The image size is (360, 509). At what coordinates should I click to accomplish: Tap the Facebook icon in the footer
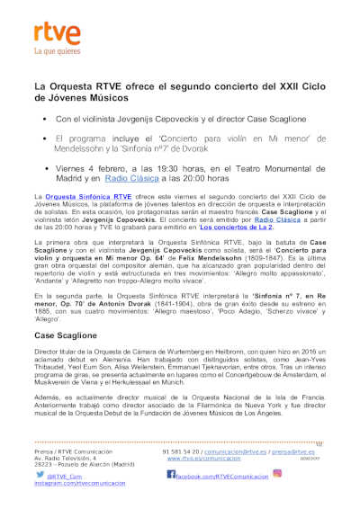(170, 474)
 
